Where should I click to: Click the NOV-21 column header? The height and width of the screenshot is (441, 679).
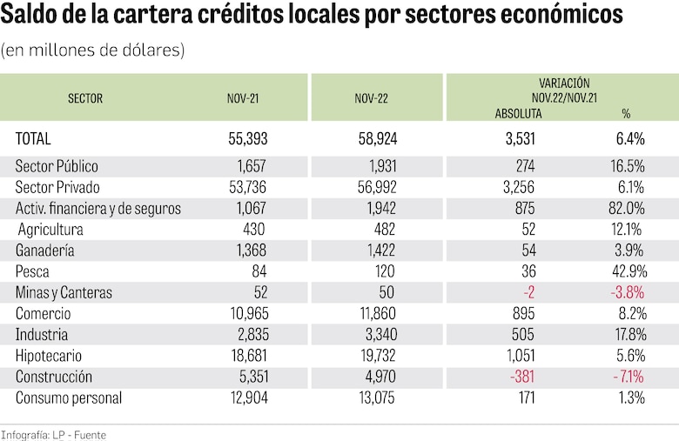click(242, 98)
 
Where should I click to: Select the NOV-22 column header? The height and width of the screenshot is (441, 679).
click(371, 98)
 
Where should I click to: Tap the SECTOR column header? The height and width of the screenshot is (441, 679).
click(85, 98)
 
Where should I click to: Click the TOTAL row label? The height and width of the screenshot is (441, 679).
click(34, 138)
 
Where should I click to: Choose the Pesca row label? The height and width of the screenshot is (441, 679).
click(33, 272)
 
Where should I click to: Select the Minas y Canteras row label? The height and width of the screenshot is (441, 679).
click(64, 293)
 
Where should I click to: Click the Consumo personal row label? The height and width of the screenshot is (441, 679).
click(69, 398)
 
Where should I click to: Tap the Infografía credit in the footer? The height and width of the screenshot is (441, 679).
click(26, 434)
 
